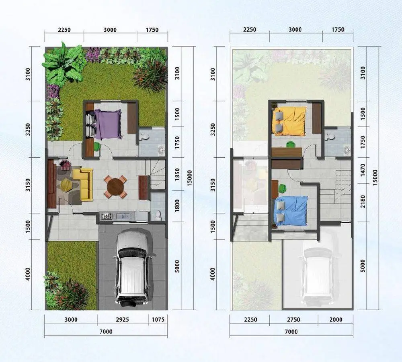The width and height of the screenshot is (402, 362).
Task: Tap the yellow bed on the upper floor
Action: pos(289,121)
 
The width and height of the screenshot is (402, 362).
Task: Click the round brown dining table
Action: pos(115,187)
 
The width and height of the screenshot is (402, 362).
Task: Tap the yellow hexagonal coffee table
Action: pos(66,185)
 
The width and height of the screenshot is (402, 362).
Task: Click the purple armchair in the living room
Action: pos(65,165)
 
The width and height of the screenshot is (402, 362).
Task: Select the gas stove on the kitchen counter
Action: pos(107,216)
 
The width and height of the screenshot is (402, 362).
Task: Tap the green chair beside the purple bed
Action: pos(97,146)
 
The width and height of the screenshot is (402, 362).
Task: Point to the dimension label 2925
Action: pos(122,319)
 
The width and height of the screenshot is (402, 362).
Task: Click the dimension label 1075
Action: pos(158,319)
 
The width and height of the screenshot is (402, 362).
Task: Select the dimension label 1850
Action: pos(177,175)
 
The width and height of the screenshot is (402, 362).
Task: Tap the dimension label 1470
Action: pos(363,170)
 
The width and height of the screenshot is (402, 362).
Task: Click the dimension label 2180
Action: pos(363,201)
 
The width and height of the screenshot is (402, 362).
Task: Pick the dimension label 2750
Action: pos(293,319)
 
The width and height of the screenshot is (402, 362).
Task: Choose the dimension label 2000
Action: pos(336,319)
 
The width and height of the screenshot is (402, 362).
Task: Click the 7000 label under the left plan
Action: pos(106,332)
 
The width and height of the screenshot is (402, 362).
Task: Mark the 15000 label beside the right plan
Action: pos(375,177)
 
